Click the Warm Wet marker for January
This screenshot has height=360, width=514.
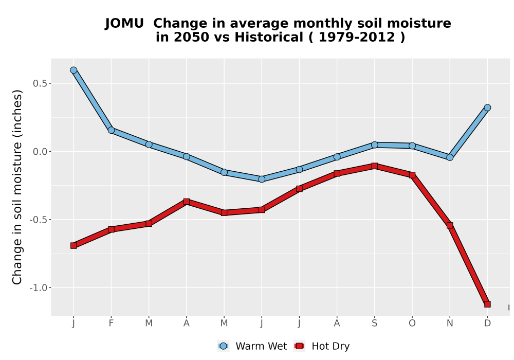point(74,70)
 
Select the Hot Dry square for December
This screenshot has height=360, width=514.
point(487,304)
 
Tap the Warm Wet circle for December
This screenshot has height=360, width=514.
point(487,107)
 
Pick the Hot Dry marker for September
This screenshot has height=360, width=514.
point(374,166)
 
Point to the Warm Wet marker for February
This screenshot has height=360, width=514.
point(111,130)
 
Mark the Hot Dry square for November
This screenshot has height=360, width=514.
point(450,225)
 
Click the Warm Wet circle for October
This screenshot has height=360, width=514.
point(412,146)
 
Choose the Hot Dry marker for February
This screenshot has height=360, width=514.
point(111,229)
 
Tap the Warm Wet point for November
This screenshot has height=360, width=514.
point(450,157)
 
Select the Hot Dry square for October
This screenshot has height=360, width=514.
point(412,175)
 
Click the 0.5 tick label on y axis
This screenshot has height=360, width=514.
point(40,83)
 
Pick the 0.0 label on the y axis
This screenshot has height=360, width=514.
point(40,152)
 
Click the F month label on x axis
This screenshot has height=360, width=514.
point(111,323)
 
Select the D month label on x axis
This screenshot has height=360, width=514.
point(487,323)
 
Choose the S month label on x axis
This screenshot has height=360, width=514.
point(374,323)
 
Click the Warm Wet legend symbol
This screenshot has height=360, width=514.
point(223,346)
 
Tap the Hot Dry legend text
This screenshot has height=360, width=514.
point(331,346)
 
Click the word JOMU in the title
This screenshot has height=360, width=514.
point(124,23)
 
